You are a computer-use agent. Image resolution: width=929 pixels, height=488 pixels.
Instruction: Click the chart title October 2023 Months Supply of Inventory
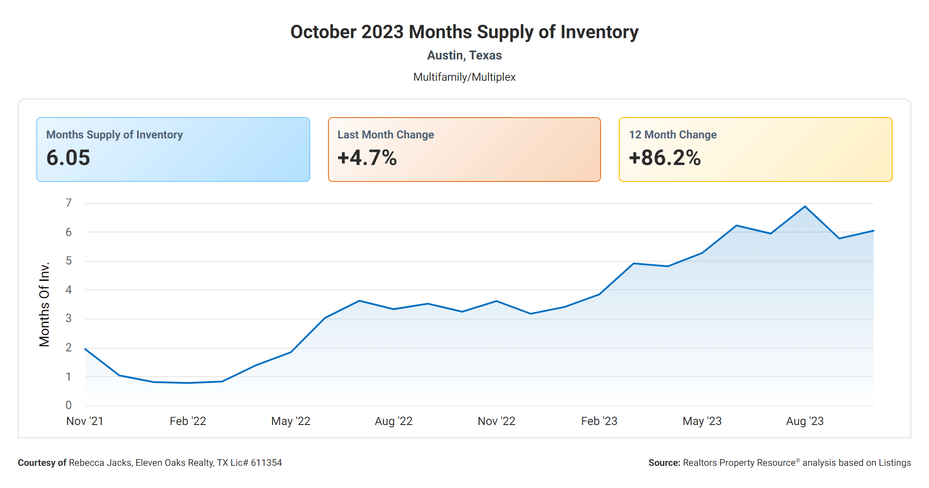[x=464, y=32]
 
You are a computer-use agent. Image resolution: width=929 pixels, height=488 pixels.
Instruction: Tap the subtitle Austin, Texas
[x=464, y=55]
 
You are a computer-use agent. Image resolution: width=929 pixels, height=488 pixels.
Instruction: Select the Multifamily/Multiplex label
[x=464, y=77]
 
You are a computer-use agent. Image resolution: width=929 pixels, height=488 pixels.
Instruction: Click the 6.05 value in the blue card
[x=68, y=158]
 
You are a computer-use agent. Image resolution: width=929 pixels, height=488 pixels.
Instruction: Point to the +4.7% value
[x=367, y=158]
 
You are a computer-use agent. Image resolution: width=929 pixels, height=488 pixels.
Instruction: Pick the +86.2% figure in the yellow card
[x=664, y=158]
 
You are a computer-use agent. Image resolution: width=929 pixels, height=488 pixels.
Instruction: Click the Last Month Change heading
[x=386, y=135]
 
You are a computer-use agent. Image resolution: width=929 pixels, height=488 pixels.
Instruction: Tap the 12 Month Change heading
[x=672, y=135]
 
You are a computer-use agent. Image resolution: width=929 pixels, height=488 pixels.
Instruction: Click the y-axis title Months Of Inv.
[x=44, y=304]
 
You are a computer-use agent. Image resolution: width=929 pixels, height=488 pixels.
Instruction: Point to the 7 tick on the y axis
[x=69, y=203]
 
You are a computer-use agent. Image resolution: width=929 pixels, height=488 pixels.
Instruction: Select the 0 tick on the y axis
[x=69, y=405]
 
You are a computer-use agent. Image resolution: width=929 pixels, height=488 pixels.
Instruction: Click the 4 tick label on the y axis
[x=69, y=290]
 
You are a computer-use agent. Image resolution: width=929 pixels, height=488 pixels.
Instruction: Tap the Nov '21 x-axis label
[x=85, y=421]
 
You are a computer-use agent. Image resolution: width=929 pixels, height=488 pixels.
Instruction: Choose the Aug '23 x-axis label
[x=804, y=421]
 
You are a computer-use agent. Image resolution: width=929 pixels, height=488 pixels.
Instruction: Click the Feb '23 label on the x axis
[x=599, y=421]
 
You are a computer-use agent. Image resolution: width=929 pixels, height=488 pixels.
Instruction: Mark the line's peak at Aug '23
[x=805, y=206]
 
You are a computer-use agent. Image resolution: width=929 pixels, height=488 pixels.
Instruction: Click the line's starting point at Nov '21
[x=85, y=349]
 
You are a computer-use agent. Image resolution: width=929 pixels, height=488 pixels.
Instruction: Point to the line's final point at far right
[x=873, y=231]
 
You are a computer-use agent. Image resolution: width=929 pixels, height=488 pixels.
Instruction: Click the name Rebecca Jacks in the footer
[x=100, y=463]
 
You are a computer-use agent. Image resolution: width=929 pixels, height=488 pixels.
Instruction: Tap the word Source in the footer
[x=664, y=463]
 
